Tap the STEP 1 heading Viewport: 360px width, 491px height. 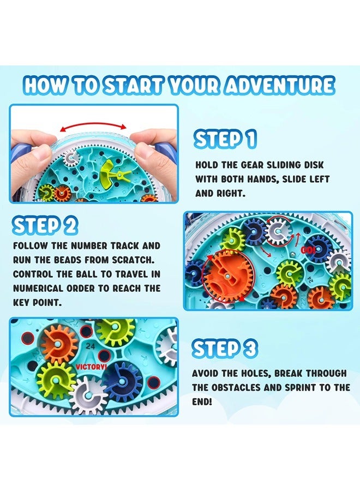[x=225, y=140]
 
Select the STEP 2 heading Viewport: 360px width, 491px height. [x=45, y=225]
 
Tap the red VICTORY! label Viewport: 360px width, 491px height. [x=92, y=367]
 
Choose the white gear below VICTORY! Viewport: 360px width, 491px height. [x=88, y=396]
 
